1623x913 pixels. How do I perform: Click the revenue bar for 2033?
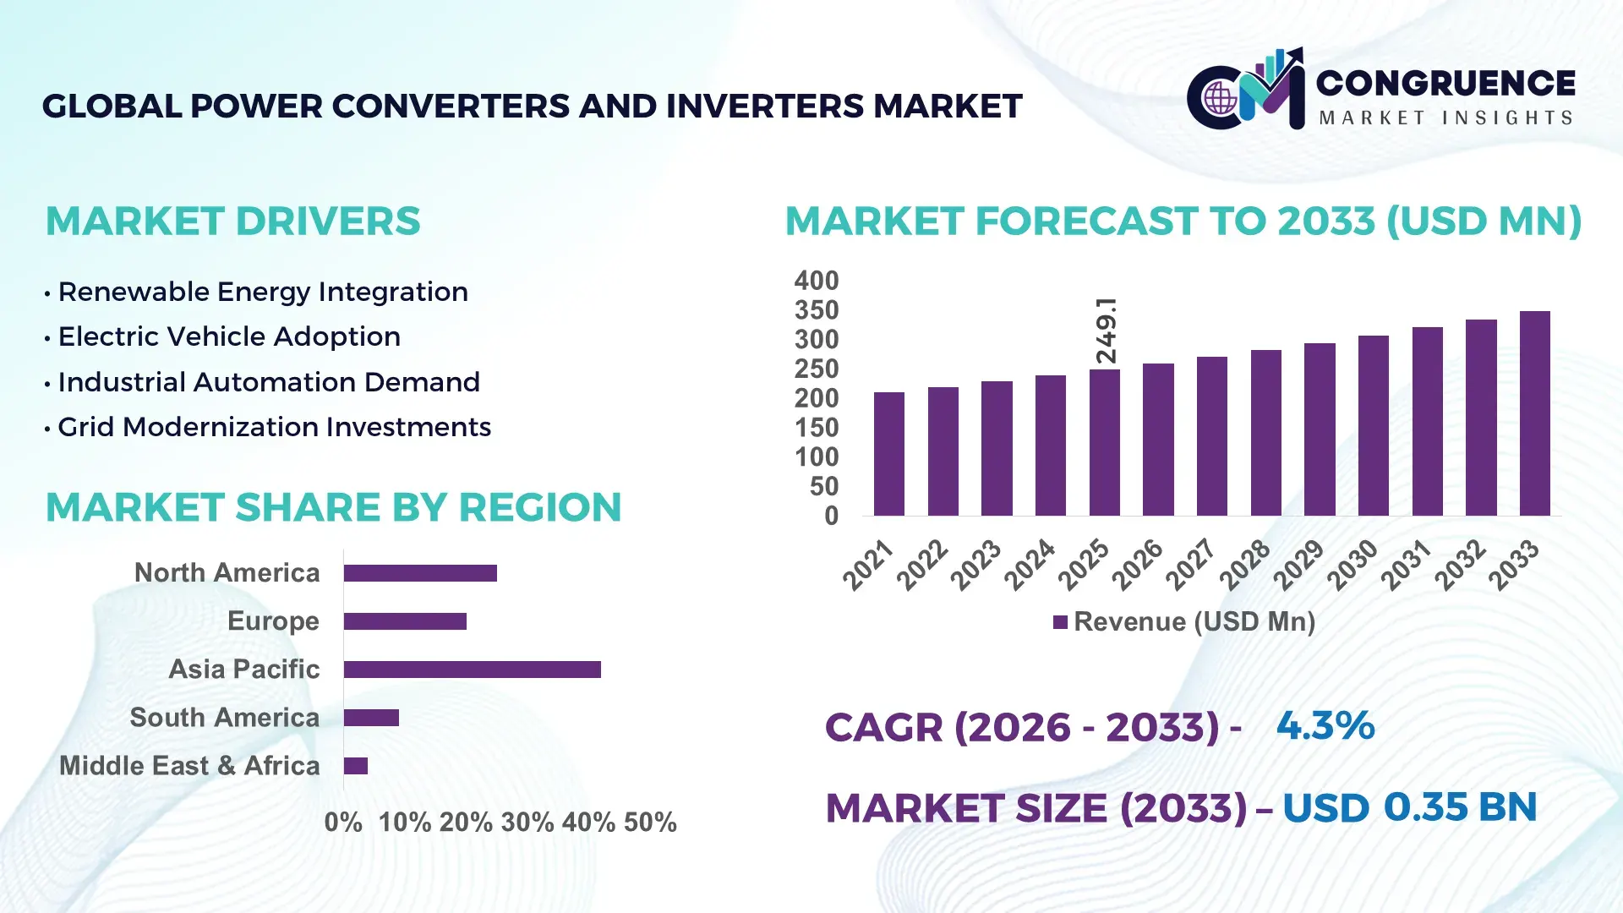tap(1534, 413)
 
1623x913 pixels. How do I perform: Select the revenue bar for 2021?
tap(888, 454)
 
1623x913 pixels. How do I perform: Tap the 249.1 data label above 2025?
tap(1106, 331)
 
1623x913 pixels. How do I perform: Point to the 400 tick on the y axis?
tap(816, 281)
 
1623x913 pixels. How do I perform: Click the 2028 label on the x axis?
tap(1244, 565)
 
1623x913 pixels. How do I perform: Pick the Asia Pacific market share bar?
tap(472, 670)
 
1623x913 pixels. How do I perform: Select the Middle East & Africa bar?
tap(355, 766)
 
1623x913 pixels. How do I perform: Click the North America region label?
tap(227, 572)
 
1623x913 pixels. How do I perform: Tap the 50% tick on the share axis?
tap(649, 822)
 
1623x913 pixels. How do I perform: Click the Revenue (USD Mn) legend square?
tap(1060, 622)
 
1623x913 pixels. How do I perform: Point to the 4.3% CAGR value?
tap(1325, 725)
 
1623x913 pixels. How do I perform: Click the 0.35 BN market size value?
tap(1460, 806)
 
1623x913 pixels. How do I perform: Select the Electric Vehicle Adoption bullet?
tap(229, 336)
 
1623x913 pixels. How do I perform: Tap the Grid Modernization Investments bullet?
tap(274, 427)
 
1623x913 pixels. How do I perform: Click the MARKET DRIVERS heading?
tap(232, 221)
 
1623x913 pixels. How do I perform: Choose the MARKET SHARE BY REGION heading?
tap(333, 507)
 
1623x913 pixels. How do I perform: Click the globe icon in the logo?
tap(1220, 99)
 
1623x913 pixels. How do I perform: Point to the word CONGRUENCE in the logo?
tap(1445, 83)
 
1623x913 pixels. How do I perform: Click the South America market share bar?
tap(371, 718)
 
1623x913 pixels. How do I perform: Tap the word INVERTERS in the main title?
tap(766, 107)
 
